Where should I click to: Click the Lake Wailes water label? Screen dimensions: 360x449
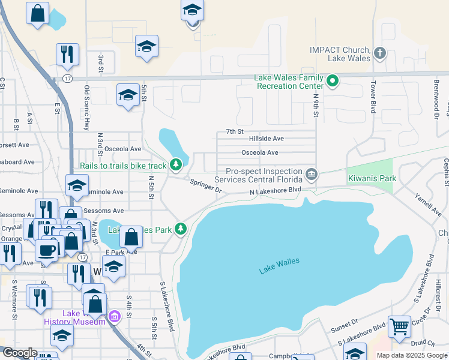point(279,266)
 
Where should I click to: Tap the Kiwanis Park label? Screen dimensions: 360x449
point(372,179)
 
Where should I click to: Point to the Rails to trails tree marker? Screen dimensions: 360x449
point(175,164)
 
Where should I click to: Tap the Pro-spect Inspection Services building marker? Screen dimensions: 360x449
point(312,175)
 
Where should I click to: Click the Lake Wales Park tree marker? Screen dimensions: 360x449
point(181,229)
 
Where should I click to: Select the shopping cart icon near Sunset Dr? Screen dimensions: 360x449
point(399,326)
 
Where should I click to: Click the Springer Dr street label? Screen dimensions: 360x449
point(206,186)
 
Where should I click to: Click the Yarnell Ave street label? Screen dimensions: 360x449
point(427,205)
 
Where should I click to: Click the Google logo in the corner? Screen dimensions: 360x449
point(20,353)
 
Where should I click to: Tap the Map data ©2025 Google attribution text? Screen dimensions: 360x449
point(411,355)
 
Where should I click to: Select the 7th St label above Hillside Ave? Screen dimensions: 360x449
point(234,131)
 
